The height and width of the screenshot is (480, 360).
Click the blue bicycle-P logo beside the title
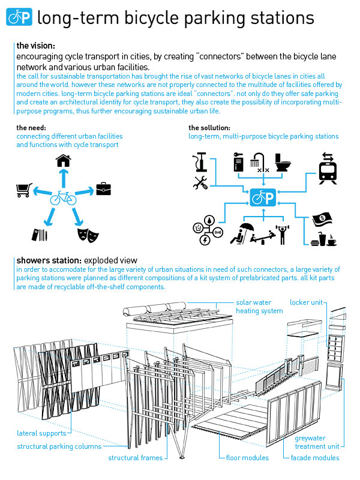point(20,17)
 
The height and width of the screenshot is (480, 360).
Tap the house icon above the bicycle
point(63,161)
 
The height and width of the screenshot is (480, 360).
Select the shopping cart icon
point(23,191)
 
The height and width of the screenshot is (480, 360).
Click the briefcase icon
point(104,190)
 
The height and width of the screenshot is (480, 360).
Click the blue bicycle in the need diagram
point(63,197)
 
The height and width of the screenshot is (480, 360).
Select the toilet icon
point(282,163)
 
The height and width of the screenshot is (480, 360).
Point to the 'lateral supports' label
point(41,433)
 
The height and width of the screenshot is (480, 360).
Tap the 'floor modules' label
point(247,458)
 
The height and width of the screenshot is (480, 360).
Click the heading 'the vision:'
point(36,46)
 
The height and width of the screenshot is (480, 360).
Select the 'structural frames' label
point(135,458)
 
